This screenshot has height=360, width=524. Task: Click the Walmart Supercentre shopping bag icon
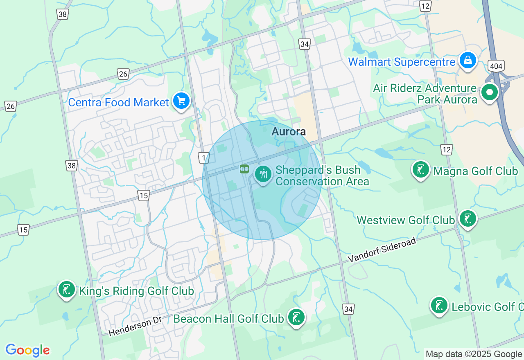coord(468,61)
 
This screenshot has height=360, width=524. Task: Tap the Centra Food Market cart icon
coord(181,101)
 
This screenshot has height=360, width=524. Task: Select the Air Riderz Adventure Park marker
coord(489,92)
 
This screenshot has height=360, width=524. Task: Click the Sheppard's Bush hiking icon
coord(263,174)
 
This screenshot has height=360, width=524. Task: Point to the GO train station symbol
coord(244,169)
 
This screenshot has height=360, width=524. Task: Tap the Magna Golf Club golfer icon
coord(421,169)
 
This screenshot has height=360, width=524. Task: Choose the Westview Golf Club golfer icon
coord(468,219)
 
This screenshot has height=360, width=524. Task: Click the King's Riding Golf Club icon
coord(66,290)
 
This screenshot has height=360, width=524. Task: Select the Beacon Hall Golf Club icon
coord(296,317)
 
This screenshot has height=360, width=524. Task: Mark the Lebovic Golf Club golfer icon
coord(439,306)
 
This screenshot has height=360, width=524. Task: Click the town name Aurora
coord(289,132)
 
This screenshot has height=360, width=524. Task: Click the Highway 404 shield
coord(496,65)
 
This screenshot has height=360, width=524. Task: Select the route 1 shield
coord(204,157)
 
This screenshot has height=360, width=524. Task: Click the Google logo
coord(27,350)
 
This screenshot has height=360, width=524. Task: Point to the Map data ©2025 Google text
coord(474,354)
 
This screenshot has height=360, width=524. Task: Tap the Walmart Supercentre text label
coord(402,62)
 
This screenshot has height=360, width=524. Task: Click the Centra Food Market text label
coord(118,102)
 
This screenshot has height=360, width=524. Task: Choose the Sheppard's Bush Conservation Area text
coord(322,175)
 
